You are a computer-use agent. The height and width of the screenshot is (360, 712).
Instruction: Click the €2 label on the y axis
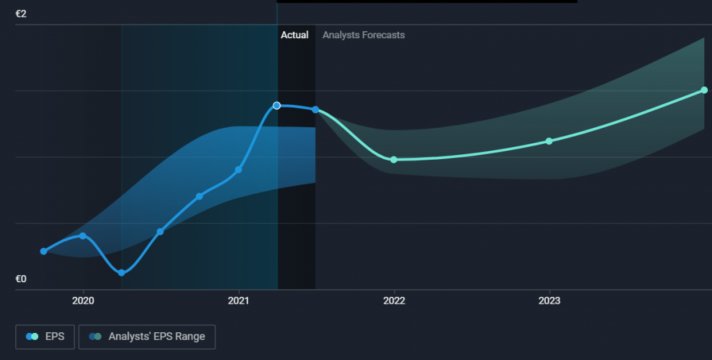(x=21, y=14)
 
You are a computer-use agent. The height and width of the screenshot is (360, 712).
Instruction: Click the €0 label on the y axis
(x=21, y=279)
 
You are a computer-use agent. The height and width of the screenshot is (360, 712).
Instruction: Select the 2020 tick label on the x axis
(x=83, y=301)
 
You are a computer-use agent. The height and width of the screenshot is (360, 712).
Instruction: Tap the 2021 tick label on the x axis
(x=239, y=301)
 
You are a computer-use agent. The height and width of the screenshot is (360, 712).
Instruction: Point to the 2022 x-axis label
(x=394, y=301)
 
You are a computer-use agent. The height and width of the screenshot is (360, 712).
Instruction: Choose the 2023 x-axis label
(x=549, y=301)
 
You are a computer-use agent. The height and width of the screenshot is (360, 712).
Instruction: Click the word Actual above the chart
(x=294, y=35)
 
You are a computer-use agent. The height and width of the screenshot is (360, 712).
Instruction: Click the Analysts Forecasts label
(x=364, y=35)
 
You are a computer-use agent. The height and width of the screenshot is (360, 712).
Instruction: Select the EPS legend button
(x=46, y=336)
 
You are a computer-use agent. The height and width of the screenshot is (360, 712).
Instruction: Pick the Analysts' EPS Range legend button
(x=147, y=336)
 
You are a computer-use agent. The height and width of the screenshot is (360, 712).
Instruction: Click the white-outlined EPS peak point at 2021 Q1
(x=277, y=106)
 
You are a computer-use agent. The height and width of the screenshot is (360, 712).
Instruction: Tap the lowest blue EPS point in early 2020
(x=122, y=272)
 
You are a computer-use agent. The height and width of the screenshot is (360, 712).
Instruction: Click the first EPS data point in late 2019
(x=44, y=251)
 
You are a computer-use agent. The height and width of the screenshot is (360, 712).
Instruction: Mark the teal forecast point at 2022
(x=394, y=160)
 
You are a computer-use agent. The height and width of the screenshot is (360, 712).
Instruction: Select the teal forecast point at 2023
(x=549, y=141)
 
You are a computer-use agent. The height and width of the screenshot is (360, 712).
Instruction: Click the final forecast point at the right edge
(x=704, y=90)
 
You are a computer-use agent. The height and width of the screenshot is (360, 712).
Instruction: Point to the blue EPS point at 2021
(x=238, y=170)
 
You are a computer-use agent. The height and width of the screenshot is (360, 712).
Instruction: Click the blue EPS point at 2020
(x=83, y=236)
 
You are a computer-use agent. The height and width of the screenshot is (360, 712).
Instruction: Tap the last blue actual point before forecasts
(x=316, y=110)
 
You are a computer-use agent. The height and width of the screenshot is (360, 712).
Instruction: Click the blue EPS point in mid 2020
(x=160, y=231)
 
